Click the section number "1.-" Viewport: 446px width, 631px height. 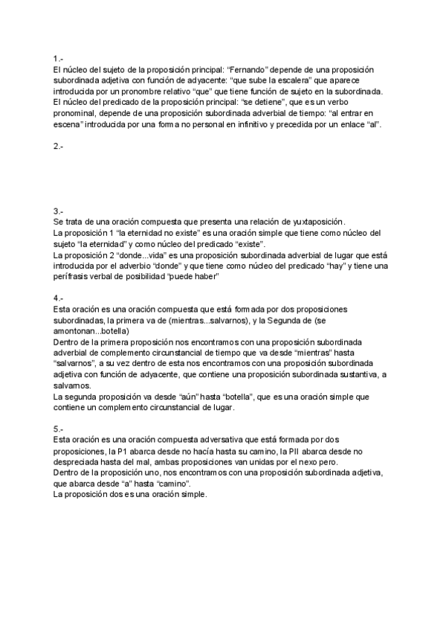58,58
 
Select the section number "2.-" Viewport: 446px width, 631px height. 58,147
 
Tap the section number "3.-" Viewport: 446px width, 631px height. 58,211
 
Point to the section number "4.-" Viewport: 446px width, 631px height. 58,298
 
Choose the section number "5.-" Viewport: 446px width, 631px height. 58,429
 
